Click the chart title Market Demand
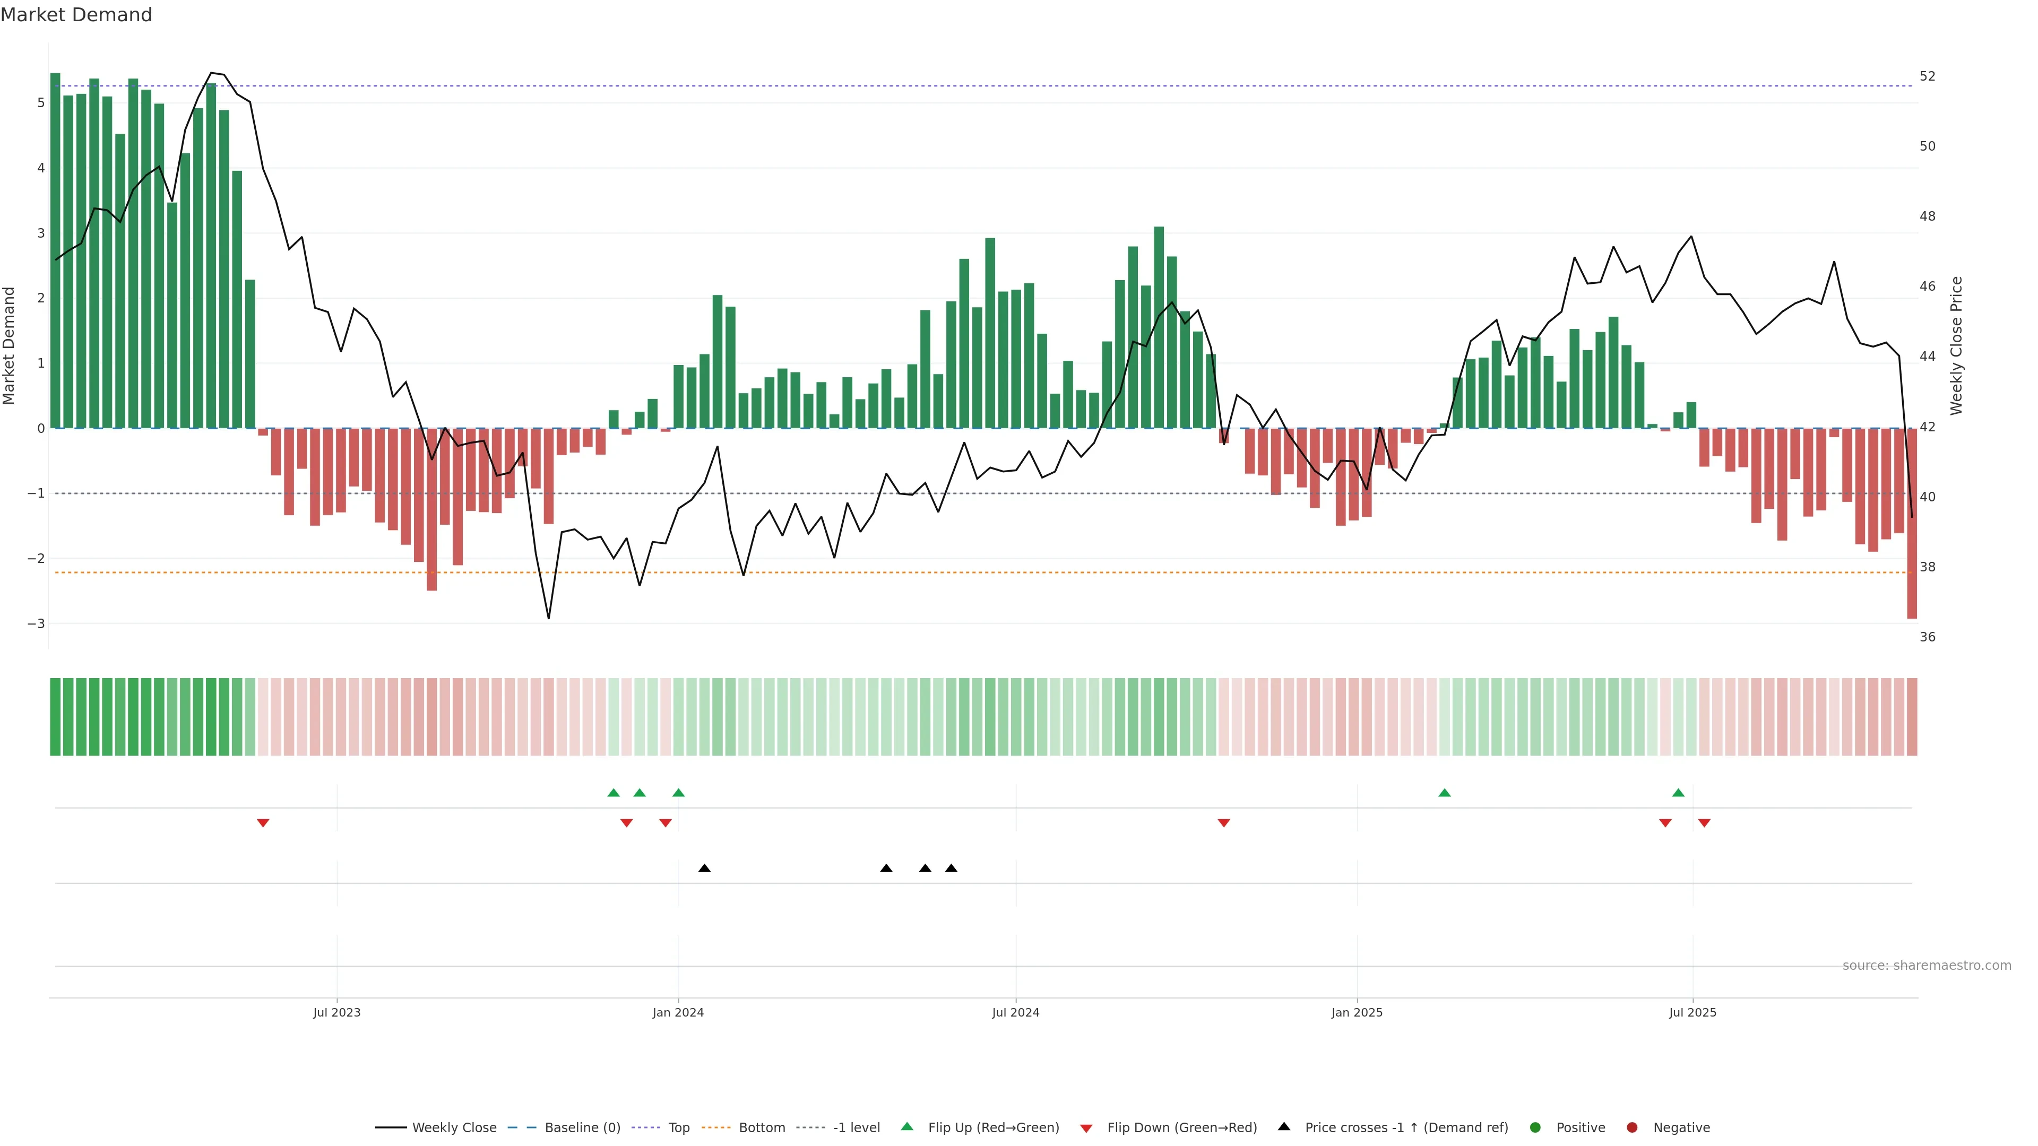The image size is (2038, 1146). click(76, 15)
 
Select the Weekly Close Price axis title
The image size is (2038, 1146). click(1956, 345)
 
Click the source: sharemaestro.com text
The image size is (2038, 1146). click(1927, 965)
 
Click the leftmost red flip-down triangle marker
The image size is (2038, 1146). click(263, 823)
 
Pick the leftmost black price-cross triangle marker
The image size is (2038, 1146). click(704, 869)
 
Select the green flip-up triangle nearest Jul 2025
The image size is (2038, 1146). click(1678, 793)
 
